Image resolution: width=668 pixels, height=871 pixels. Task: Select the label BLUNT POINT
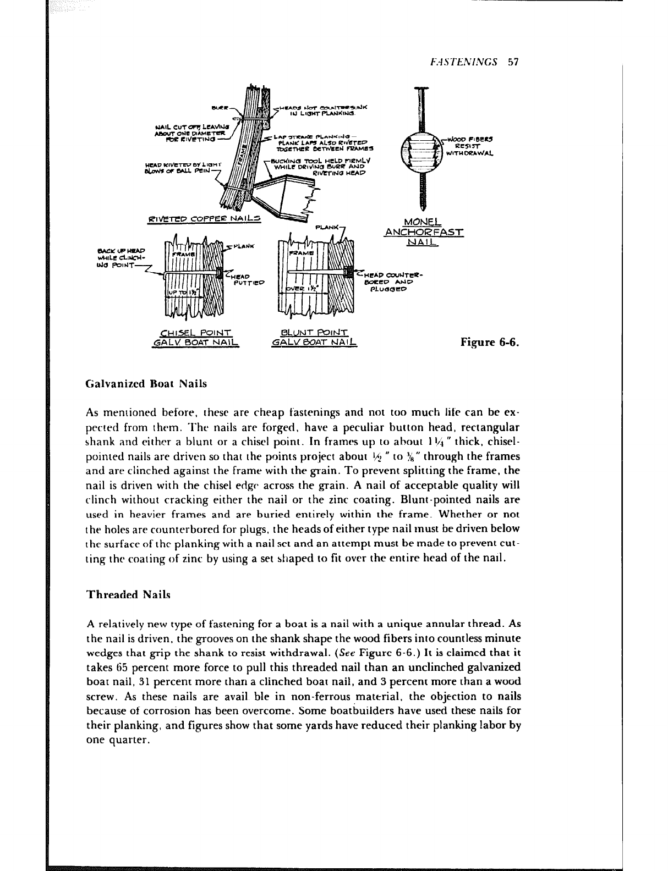(x=314, y=332)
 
